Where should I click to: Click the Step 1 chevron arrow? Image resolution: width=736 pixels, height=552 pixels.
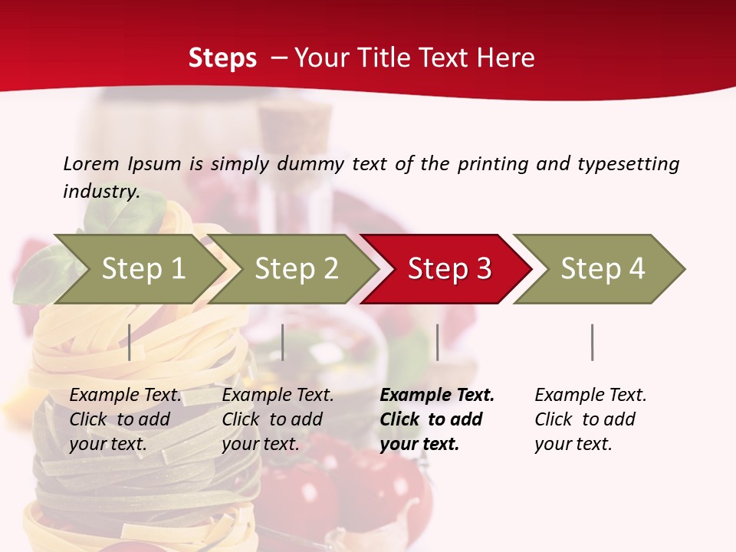tap(143, 269)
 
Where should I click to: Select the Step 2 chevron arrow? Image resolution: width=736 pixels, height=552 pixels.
tap(296, 269)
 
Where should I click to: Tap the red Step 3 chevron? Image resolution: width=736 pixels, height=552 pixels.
tap(449, 269)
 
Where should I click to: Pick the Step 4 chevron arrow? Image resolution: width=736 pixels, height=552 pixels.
tap(603, 269)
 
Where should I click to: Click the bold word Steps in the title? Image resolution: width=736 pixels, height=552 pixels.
tap(222, 58)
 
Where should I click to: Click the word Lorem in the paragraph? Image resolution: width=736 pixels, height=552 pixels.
tap(90, 163)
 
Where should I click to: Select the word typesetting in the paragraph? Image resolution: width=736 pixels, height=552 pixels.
tap(628, 163)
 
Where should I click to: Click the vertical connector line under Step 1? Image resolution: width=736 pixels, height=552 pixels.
tap(130, 342)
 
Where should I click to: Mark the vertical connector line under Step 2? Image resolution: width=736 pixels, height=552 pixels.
tap(283, 342)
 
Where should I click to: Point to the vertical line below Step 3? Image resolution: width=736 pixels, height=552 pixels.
tap(438, 342)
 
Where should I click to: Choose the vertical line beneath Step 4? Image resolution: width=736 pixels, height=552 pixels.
tap(592, 342)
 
